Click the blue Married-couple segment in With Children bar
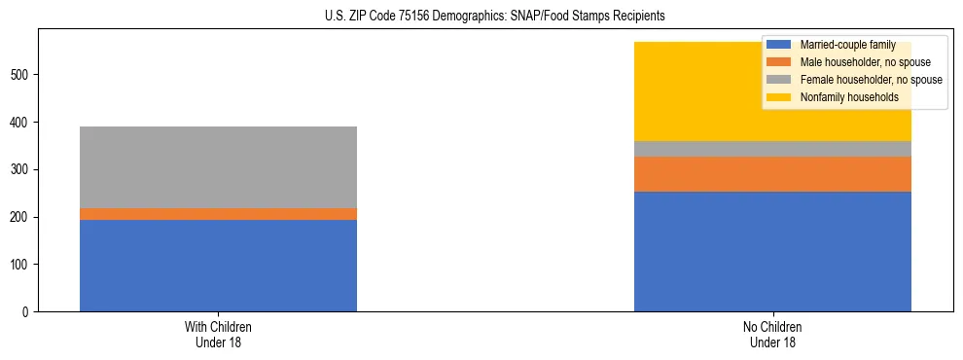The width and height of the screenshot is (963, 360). pyautogui.click(x=218, y=266)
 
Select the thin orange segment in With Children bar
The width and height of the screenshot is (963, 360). pyautogui.click(x=218, y=214)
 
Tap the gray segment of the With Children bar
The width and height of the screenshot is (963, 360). pyautogui.click(x=218, y=167)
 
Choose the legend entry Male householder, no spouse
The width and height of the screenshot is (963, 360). pyautogui.click(x=851, y=62)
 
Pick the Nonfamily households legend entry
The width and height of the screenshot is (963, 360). pyautogui.click(x=842, y=97)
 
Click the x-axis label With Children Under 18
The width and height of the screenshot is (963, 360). pyautogui.click(x=218, y=335)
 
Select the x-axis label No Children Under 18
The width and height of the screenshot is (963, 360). pyautogui.click(x=772, y=335)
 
